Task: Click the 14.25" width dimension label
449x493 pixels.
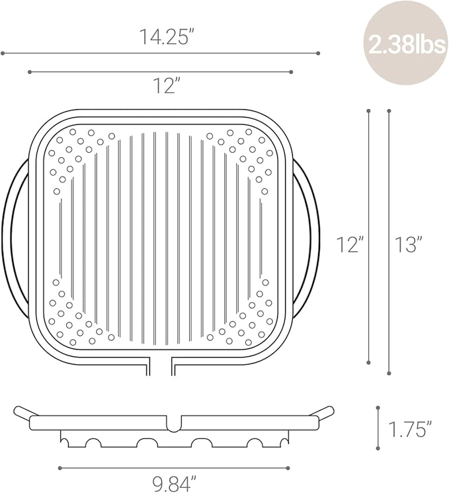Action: click(x=166, y=36)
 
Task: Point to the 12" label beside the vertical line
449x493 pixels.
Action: click(x=350, y=245)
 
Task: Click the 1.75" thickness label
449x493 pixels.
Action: click(x=410, y=430)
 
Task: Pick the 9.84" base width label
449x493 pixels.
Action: click(x=175, y=484)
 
